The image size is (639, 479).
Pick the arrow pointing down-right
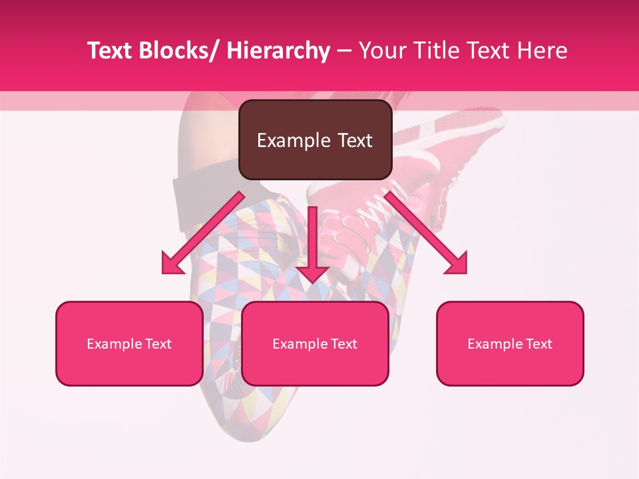point(426,233)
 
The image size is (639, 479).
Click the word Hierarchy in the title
point(278,51)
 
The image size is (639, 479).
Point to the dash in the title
point(344,51)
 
